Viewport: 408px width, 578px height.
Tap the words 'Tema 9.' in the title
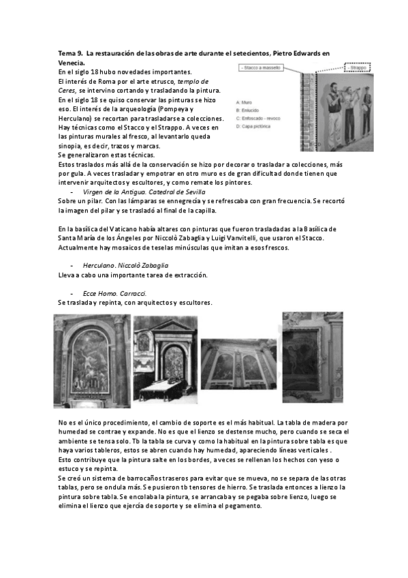point(70,53)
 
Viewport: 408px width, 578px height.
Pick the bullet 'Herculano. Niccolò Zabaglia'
point(116,264)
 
